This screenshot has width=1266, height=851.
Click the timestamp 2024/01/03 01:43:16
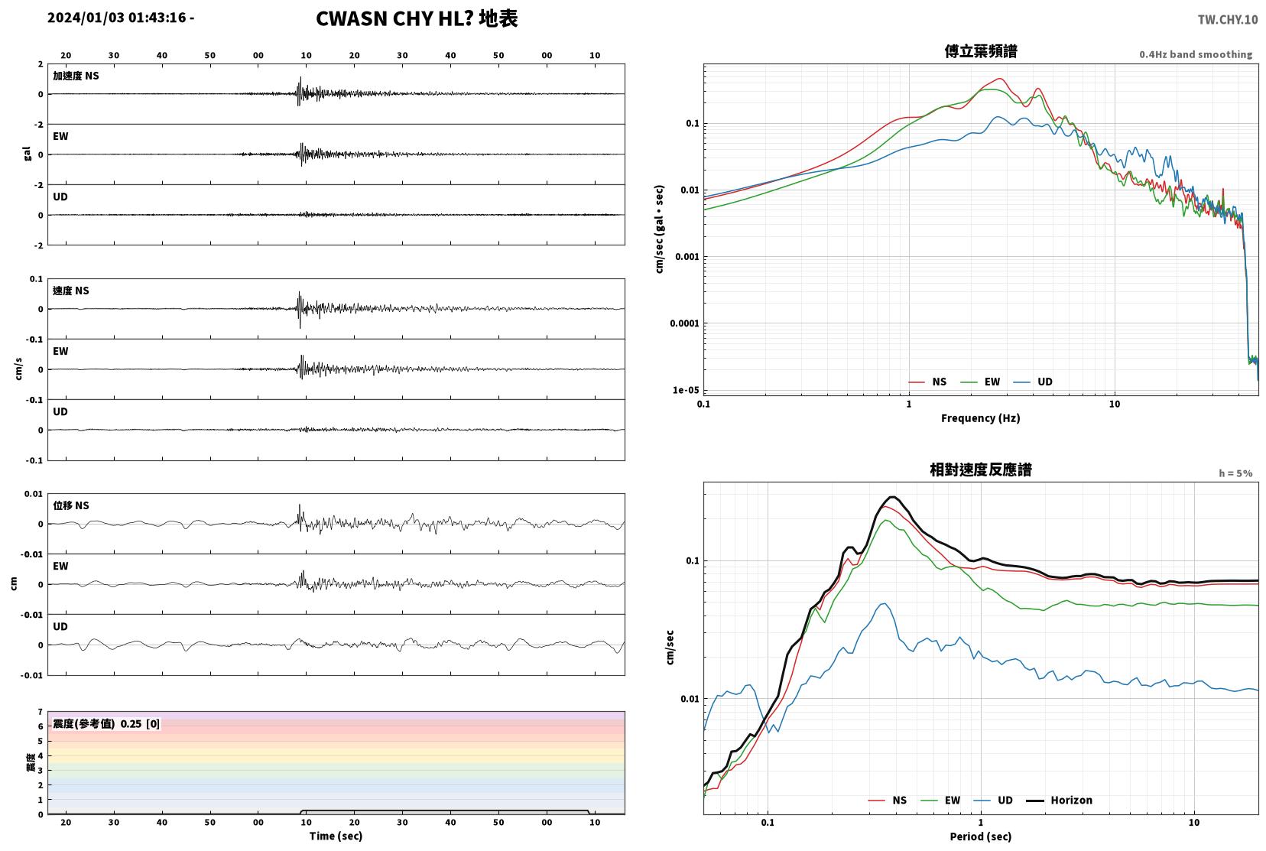(x=117, y=18)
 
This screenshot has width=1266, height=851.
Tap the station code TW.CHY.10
(x=1228, y=20)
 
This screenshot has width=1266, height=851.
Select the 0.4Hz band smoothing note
(x=1196, y=54)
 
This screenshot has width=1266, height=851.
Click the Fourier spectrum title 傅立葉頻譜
(x=981, y=51)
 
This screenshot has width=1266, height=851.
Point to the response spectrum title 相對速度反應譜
(x=981, y=469)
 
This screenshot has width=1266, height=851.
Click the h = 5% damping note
(x=1235, y=473)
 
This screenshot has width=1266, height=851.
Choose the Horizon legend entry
(x=1059, y=800)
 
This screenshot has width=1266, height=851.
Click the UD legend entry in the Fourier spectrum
(x=1033, y=382)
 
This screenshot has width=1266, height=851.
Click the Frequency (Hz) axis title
(x=981, y=418)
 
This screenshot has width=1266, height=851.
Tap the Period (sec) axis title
(x=981, y=836)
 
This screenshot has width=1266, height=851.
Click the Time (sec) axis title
(x=336, y=836)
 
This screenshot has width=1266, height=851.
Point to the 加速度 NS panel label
(x=76, y=76)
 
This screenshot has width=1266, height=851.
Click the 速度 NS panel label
(x=70, y=291)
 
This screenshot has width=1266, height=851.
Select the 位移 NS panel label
(x=70, y=505)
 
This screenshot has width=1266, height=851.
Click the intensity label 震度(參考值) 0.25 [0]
(x=106, y=724)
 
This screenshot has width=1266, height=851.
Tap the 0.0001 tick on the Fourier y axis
(x=684, y=323)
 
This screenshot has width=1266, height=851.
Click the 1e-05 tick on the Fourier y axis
(x=686, y=390)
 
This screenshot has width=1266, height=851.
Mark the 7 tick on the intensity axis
(x=40, y=712)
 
